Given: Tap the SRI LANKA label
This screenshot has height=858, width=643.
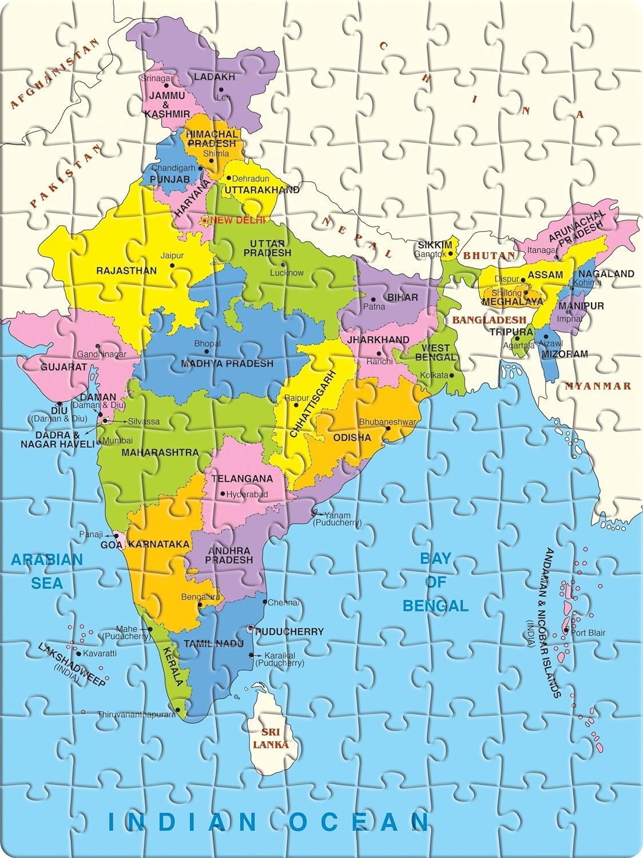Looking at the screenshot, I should pos(273,738).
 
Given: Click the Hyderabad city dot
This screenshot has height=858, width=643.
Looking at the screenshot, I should pos(223,494).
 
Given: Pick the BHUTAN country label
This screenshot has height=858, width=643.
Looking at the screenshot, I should pos(482,255).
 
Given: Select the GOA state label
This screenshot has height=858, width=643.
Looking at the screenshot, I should pos(112,545).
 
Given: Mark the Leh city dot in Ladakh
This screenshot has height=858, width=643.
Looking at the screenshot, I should pos(220,89).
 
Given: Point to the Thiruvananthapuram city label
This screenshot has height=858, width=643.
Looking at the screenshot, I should pos(136,714).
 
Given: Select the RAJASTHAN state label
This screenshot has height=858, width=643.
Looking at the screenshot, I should pos(126,271).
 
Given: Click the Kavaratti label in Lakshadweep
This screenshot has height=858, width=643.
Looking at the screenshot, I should pos(100,653).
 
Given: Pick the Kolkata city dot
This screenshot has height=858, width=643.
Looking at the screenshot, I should pos(451,375).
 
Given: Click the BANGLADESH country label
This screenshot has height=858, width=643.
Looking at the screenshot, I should pos(489,320).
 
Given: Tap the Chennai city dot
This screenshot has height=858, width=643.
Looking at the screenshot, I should pos(264,602).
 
